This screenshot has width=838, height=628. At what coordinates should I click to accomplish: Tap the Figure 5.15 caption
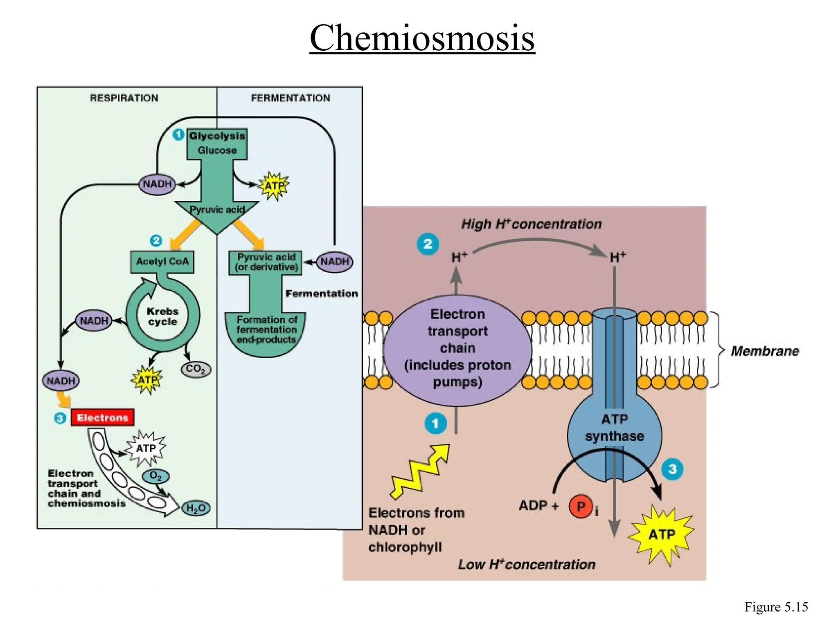coord(776,607)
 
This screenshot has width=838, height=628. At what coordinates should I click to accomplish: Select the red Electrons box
coord(102,417)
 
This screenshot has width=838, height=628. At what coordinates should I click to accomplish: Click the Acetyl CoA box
coord(162,262)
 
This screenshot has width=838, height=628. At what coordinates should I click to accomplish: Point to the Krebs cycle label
coord(162,316)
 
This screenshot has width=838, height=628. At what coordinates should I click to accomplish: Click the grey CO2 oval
coord(196,369)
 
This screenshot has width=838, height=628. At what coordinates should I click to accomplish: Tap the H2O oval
coord(196,508)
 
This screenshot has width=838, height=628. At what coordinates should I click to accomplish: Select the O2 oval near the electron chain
coord(155,476)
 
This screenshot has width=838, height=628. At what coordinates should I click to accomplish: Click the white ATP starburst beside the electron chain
coord(146,449)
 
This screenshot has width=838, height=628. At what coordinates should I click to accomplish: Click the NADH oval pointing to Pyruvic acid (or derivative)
coord(335,262)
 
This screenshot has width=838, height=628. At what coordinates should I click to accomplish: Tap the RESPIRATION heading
coord(124,98)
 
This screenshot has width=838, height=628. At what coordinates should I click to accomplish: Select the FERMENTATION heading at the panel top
coord(290,98)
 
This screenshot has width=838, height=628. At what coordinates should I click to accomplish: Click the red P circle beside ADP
coord(581,507)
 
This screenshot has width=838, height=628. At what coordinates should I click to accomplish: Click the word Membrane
coord(765,351)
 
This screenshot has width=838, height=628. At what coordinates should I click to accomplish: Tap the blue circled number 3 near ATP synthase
coord(672,469)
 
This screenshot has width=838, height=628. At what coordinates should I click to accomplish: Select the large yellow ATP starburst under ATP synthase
coord(661,534)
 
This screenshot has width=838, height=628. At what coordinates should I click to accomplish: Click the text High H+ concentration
coord(531,224)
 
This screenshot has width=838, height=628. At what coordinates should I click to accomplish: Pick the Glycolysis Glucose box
coord(217,143)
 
